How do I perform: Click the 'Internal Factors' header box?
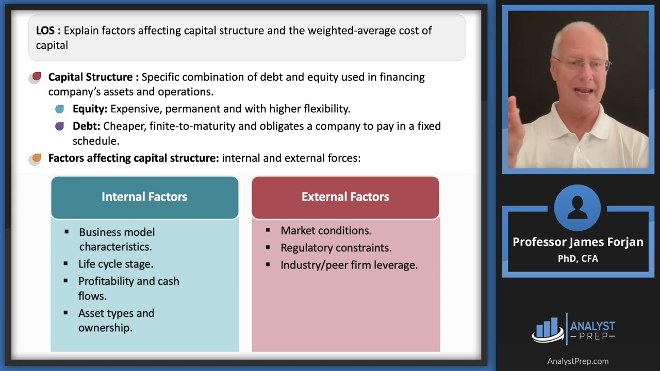point(144,197)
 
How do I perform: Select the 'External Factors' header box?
point(345,197)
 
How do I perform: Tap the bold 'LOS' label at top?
point(47,30)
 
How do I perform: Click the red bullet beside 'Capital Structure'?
point(36,77)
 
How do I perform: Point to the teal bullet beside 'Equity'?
point(60,109)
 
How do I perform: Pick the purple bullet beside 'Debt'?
point(60,126)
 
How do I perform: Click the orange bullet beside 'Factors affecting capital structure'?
point(36,158)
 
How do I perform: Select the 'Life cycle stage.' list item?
point(115,264)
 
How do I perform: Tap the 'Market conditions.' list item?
point(325,230)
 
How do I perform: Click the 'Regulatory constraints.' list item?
point(336,248)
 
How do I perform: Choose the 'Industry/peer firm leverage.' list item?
point(349,265)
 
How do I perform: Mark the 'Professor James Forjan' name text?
point(577,242)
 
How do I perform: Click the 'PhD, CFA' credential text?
point(577,259)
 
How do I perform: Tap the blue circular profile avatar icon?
point(577,208)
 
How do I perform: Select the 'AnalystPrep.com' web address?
point(577,361)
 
